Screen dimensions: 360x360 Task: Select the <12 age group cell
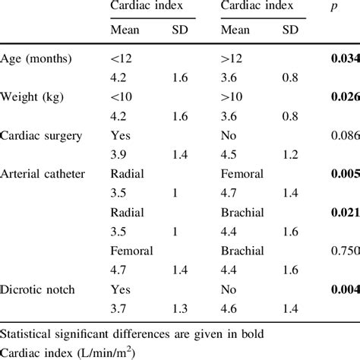(x=121, y=58)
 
